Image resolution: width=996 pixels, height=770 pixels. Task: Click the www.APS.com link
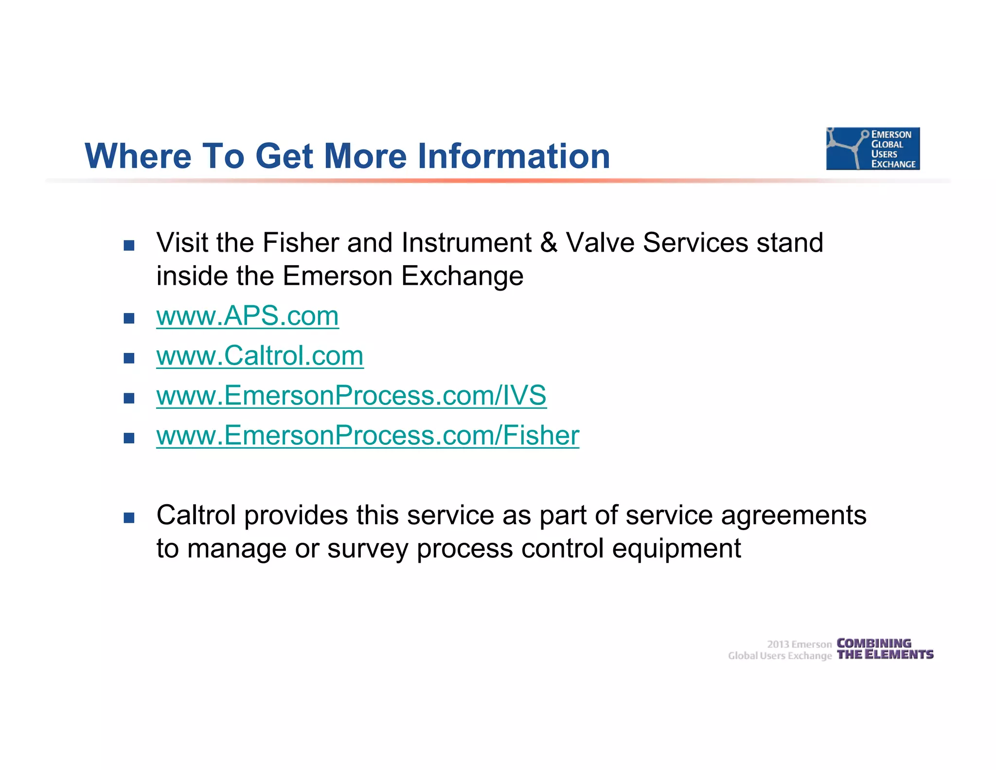pyautogui.click(x=247, y=316)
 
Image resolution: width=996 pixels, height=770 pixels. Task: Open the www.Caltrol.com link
pyautogui.click(x=260, y=356)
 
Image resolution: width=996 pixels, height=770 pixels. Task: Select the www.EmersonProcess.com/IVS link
pyautogui.click(x=351, y=396)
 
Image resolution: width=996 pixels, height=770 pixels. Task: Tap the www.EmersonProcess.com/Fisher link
pyautogui.click(x=368, y=436)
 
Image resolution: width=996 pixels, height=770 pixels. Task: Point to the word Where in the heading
pyautogui.click(x=138, y=156)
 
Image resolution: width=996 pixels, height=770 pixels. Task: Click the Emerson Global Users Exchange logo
pyautogui.click(x=872, y=148)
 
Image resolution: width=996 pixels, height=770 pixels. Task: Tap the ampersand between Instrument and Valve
pyautogui.click(x=549, y=243)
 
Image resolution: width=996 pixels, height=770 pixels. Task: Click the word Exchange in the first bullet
pyautogui.click(x=462, y=277)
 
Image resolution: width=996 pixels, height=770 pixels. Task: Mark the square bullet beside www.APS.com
pyautogui.click(x=129, y=319)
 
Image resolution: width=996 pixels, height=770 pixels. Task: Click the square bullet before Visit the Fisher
pyautogui.click(x=129, y=245)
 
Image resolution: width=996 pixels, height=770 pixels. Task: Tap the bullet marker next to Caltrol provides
pyautogui.click(x=129, y=518)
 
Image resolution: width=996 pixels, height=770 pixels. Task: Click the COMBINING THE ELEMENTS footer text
pyautogui.click(x=885, y=649)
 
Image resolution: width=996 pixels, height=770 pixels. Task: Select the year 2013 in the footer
pyautogui.click(x=778, y=644)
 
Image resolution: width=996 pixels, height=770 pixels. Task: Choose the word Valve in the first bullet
pyautogui.click(x=600, y=243)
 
